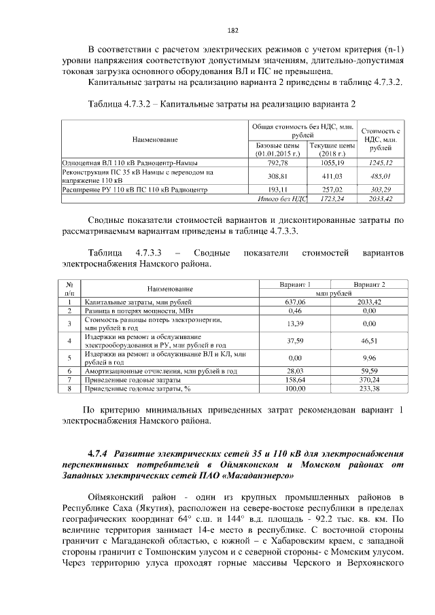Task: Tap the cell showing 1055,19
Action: point(332,163)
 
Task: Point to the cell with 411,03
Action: point(332,176)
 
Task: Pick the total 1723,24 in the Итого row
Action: point(332,198)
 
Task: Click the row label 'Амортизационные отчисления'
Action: point(160,371)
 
